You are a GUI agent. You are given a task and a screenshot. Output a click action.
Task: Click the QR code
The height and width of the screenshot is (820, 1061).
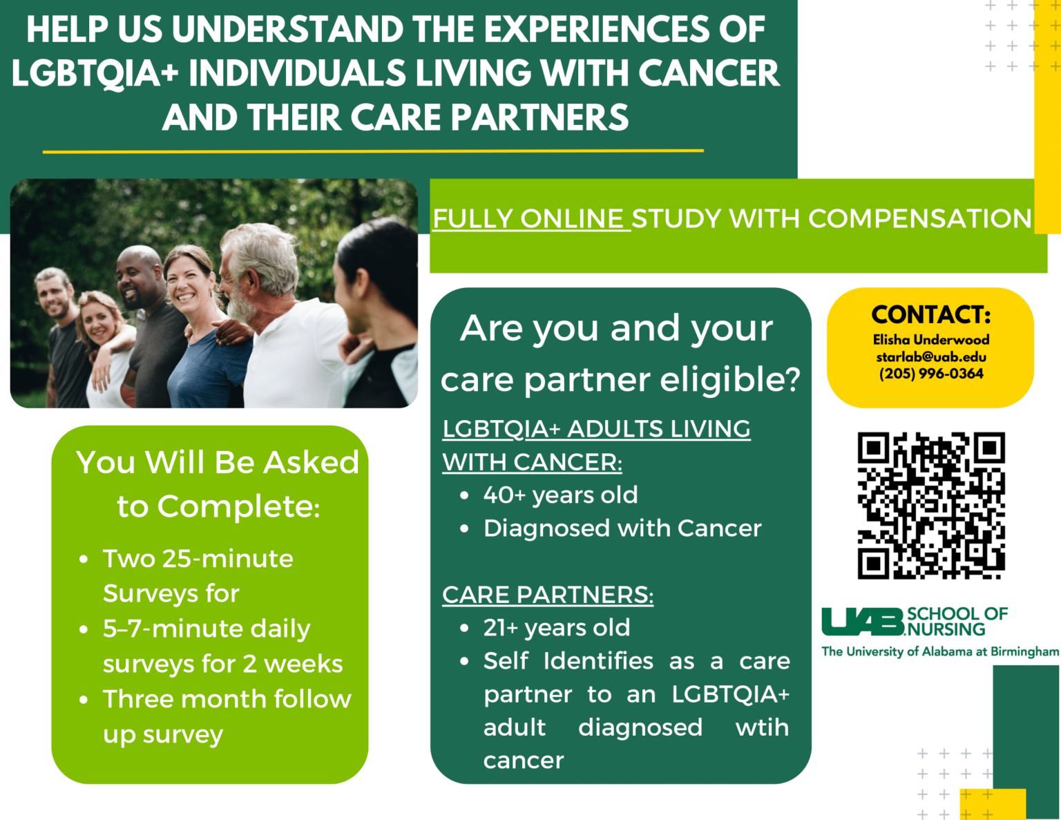tap(931, 505)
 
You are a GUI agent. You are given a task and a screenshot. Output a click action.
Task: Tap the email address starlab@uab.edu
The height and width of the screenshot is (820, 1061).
tap(931, 356)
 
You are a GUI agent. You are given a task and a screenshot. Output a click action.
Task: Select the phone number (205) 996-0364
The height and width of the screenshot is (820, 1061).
tap(931, 374)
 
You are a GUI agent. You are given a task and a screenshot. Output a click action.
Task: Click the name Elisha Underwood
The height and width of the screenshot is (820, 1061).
tap(931, 339)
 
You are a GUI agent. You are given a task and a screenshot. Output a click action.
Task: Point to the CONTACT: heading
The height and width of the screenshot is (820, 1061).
tap(931, 315)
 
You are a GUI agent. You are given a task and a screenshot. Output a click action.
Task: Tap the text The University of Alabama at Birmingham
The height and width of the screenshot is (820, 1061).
tap(940, 651)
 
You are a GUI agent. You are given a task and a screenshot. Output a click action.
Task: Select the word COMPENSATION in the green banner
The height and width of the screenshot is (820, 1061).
tap(920, 218)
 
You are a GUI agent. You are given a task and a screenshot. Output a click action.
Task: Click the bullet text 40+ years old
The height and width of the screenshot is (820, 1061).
tap(560, 495)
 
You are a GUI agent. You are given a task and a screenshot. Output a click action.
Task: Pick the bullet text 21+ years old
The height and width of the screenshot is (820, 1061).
tap(557, 628)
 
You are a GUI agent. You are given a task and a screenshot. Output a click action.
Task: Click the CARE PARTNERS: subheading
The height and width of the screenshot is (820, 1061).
tap(548, 595)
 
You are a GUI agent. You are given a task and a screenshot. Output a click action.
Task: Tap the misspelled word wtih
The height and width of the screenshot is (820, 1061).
tap(762, 727)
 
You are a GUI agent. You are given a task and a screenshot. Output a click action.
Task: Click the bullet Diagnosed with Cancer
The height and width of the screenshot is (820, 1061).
tap(622, 528)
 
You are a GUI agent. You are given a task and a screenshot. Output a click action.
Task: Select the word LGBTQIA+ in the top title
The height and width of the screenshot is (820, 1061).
tap(95, 73)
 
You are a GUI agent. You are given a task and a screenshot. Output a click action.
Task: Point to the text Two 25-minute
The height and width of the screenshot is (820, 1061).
tap(198, 558)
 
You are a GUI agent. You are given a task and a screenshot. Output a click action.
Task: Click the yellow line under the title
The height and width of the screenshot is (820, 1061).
tap(373, 151)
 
